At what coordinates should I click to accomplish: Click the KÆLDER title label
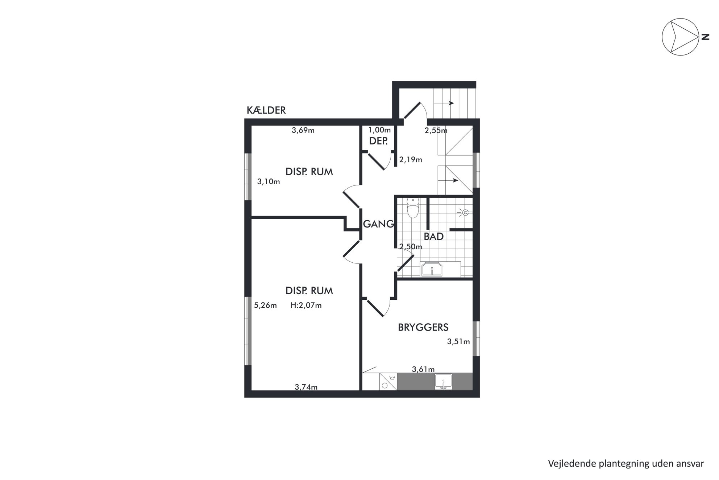[x=266, y=110]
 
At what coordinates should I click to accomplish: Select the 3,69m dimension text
[x=303, y=130]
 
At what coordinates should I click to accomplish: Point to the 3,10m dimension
[x=269, y=182]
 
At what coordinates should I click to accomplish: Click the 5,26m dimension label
[x=265, y=305]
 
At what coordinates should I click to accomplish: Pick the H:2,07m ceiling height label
[x=306, y=305]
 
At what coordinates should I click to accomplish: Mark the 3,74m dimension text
[x=306, y=387]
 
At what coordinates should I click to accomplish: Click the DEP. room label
[x=378, y=141]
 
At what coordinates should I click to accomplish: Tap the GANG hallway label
[x=378, y=224]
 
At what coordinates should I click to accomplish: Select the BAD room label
[x=434, y=237]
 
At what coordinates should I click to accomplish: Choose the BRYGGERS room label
[x=423, y=327]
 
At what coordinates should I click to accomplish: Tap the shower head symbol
[x=465, y=213]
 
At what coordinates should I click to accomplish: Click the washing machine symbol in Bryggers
[x=388, y=381]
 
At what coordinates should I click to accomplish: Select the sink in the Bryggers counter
[x=443, y=382]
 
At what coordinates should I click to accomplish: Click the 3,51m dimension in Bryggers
[x=458, y=342]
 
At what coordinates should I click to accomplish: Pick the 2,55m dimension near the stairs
[x=436, y=131]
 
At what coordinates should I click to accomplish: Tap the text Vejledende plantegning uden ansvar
[x=626, y=464]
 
